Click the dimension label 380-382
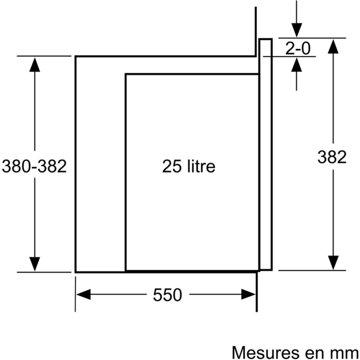34,166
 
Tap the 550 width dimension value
167,295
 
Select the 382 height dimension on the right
332,157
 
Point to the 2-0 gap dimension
297,48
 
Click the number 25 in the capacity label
171,167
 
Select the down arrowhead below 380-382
34,264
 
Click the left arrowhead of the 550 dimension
84,295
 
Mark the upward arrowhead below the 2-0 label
297,65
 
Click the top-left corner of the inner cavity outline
125,74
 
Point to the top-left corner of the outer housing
75,56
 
